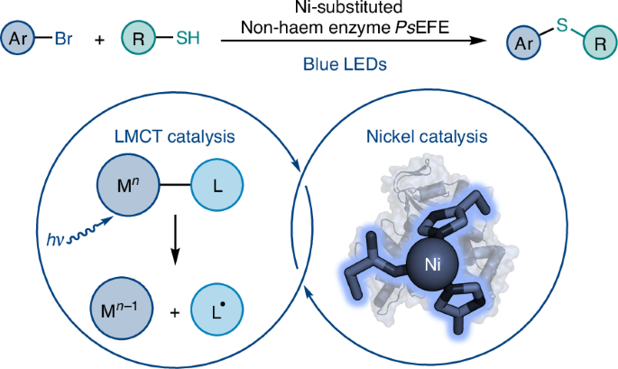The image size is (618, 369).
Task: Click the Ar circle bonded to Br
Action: coord(18,38)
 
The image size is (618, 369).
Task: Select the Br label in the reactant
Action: coord(63,39)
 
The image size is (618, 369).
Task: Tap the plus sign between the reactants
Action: coord(99,40)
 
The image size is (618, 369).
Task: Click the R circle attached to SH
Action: coord(138,38)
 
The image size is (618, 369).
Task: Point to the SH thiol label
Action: coord(188,38)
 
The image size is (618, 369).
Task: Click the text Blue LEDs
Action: coord(345,64)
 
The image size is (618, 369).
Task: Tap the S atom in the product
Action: coord(562,25)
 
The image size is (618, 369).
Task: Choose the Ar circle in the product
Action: coord(523,42)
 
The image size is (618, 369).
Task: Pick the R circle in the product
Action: coord(600,42)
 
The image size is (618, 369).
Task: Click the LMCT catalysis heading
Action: coord(175,137)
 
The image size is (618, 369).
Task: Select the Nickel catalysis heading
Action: coord(427,137)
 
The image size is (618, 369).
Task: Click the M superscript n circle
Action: coord(128,184)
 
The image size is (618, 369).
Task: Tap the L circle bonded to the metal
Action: coord(217,185)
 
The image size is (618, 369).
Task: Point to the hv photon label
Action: coord(55,240)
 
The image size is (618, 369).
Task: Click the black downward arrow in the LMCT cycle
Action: coord(175,240)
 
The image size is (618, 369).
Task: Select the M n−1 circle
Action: coord(122,309)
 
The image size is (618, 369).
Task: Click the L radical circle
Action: coord(217,309)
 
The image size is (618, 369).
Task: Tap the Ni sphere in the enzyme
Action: coord(432,264)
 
